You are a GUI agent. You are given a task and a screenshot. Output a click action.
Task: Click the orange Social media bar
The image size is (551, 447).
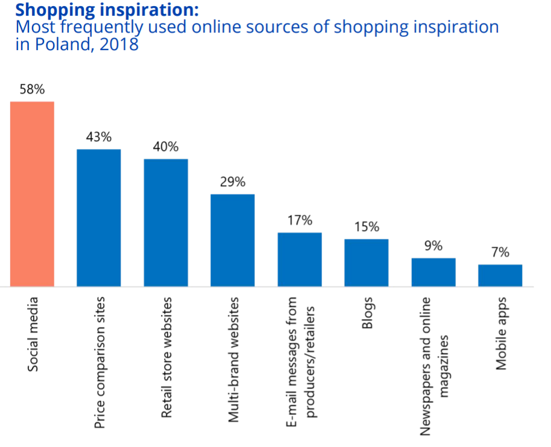(x=32, y=194)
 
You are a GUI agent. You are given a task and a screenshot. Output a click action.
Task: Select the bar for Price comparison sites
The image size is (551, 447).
(x=99, y=217)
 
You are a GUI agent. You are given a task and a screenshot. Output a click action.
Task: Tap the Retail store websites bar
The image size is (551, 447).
(x=166, y=222)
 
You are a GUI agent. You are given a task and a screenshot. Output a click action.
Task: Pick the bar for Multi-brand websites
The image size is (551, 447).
(x=232, y=239)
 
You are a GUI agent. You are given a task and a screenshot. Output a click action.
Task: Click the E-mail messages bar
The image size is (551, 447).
(x=300, y=259)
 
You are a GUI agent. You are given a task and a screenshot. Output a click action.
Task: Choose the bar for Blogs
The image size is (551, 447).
(x=367, y=262)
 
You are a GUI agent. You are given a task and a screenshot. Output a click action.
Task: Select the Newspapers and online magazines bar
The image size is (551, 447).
(x=433, y=271)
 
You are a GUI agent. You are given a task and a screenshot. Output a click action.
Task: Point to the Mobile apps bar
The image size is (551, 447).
(x=500, y=275)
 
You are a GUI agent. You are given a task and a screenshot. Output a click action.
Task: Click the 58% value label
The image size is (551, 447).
(x=32, y=90)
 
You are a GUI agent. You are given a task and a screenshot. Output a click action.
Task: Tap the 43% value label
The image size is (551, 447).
(x=99, y=137)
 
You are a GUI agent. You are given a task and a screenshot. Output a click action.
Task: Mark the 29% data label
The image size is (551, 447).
(x=232, y=182)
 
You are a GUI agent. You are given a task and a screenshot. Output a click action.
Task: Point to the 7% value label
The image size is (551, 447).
(x=500, y=253)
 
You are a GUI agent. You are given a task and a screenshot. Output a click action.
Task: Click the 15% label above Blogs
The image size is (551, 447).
(x=367, y=227)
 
